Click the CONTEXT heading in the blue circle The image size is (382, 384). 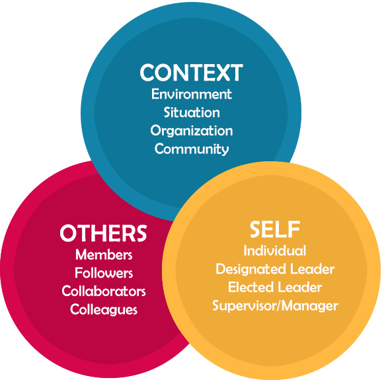pos(191,72)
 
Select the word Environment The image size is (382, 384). pos(192,94)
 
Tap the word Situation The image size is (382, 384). pos(192,112)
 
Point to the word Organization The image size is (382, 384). pos(192,131)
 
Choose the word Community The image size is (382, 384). pos(192,149)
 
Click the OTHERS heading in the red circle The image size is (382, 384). pos(103,233)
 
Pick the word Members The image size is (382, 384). pos(104,254)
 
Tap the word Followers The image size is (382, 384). pos(104,273)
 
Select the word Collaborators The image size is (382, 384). pos(104,291)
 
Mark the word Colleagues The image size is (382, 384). pos(104,310)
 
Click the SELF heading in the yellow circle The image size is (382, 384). pos(275,229)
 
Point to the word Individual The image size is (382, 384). pos(275,250)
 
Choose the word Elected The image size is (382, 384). pos(250,288)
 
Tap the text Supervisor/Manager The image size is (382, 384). pos(275,306)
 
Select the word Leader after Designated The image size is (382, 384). pos(312,269)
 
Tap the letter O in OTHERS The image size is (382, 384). pos(68,233)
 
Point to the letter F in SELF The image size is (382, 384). pos(294,229)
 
